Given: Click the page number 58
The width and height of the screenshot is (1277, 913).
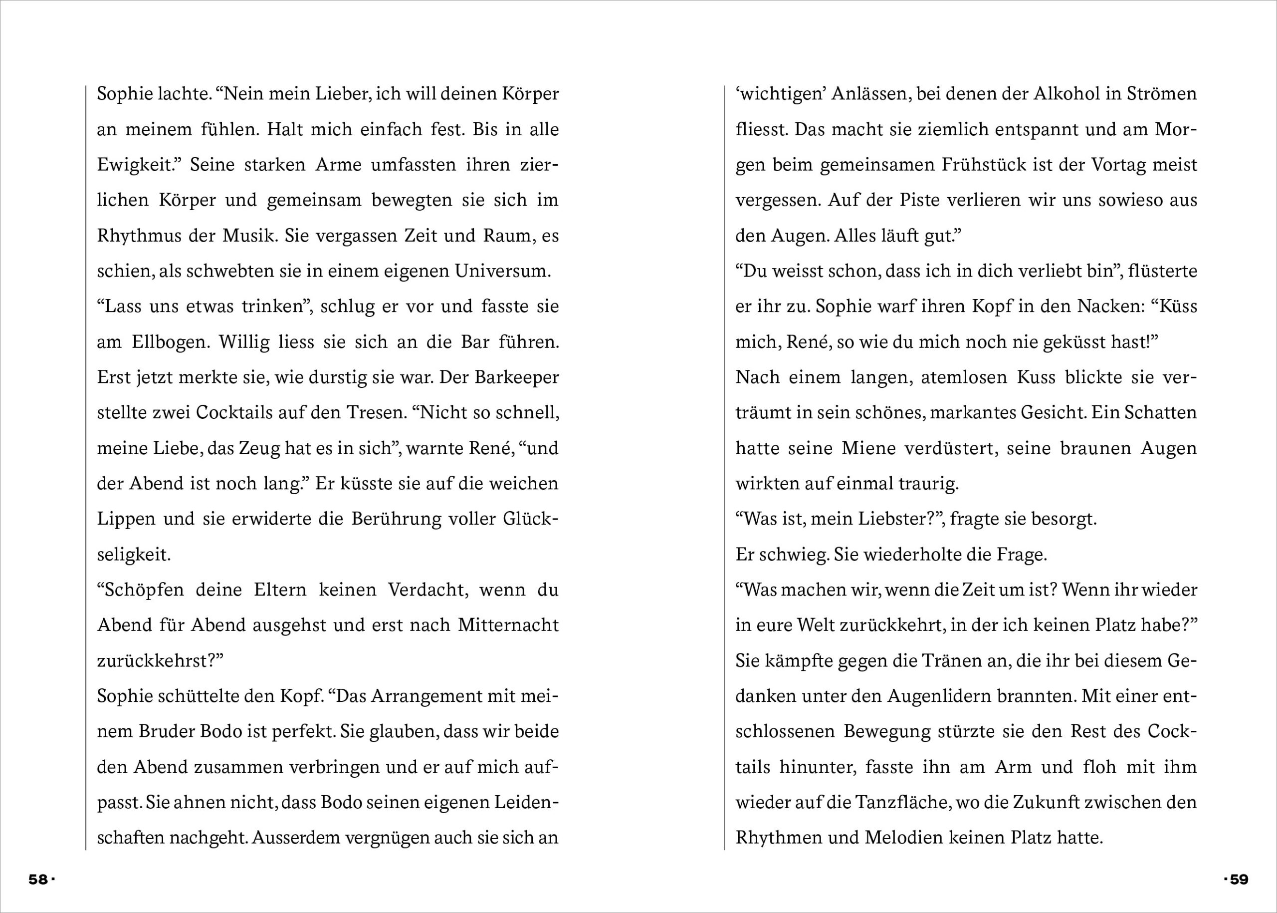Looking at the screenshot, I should pos(38,879).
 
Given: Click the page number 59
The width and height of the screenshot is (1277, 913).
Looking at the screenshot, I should pos(1239,879).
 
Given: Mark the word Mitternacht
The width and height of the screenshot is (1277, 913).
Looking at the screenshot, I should pos(508,625).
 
